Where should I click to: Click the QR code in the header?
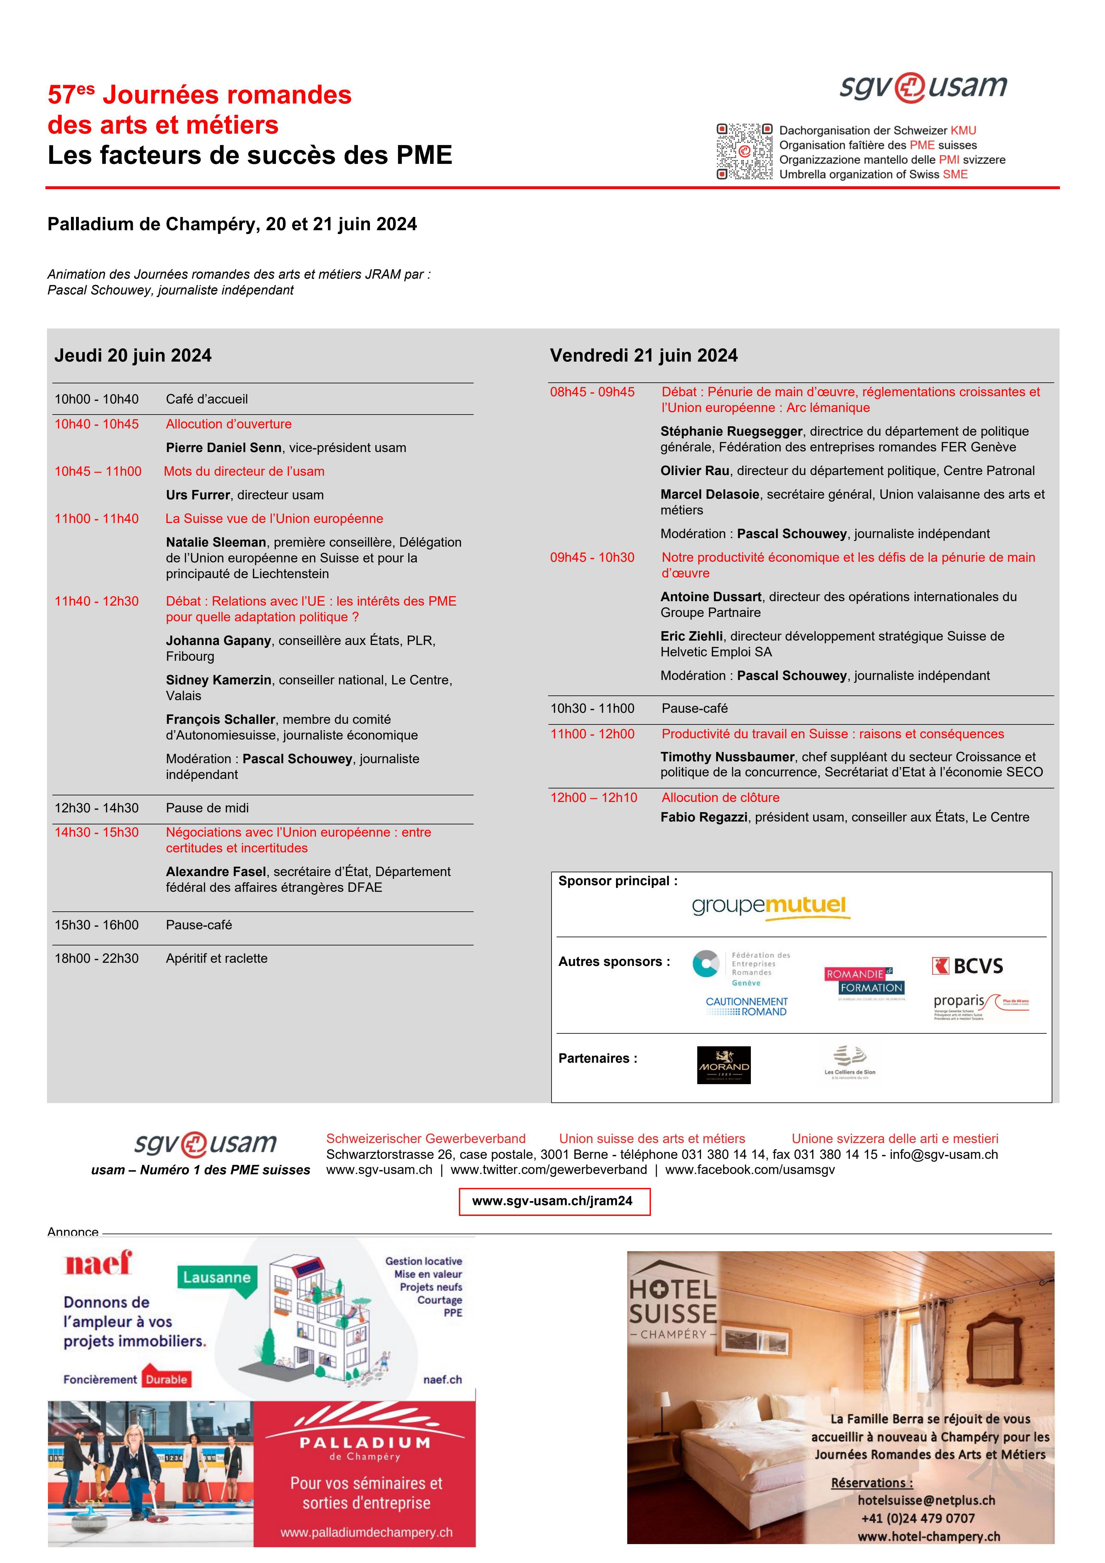pyautogui.click(x=744, y=151)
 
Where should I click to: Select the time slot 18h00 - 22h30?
pyautogui.click(x=97, y=958)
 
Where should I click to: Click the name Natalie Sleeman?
pyautogui.click(x=216, y=543)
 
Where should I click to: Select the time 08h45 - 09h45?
pyautogui.click(x=592, y=392)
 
